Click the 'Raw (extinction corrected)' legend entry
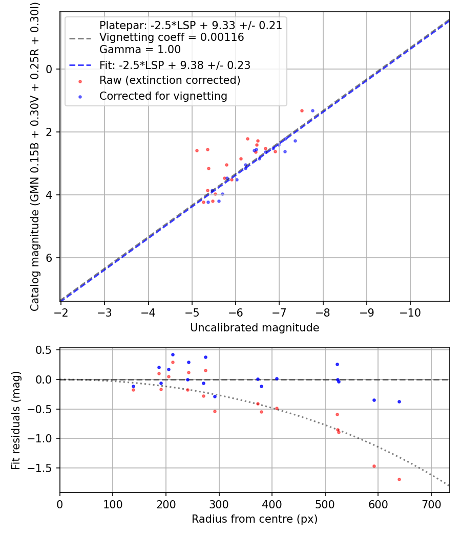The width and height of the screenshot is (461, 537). [170, 80]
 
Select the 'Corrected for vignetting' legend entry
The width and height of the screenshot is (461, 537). [163, 96]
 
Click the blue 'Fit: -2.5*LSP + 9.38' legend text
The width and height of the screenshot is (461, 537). [175, 65]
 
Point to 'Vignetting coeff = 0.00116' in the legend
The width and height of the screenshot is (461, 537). [172, 37]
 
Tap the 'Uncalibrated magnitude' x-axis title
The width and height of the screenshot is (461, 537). [255, 328]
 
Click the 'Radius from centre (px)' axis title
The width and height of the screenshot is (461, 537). [255, 519]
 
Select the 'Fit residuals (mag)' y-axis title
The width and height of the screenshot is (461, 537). [16, 420]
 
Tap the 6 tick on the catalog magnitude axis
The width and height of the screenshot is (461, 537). [49, 258]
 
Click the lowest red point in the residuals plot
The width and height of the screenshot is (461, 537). [399, 479]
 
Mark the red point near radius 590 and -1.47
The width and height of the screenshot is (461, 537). [374, 466]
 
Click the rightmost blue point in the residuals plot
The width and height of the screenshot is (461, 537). [399, 401]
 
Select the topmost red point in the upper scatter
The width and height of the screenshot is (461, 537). [302, 110]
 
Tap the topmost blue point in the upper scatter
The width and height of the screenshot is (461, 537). [312, 110]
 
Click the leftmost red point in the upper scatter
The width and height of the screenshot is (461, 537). [197, 150]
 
